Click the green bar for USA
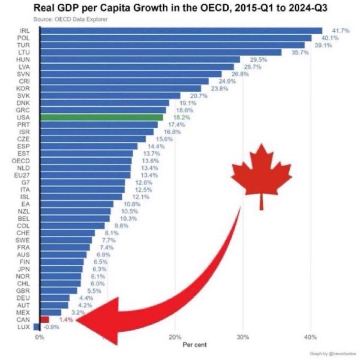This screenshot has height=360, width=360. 101,117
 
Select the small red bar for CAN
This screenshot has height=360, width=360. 45,319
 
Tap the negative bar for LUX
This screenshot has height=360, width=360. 37,327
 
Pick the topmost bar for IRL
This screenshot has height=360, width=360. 180,31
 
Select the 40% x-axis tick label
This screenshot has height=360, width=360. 311,338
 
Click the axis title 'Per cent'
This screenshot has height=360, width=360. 195,345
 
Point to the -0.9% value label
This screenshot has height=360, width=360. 51,327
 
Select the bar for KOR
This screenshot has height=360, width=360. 120,88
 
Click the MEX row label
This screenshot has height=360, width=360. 23,312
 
